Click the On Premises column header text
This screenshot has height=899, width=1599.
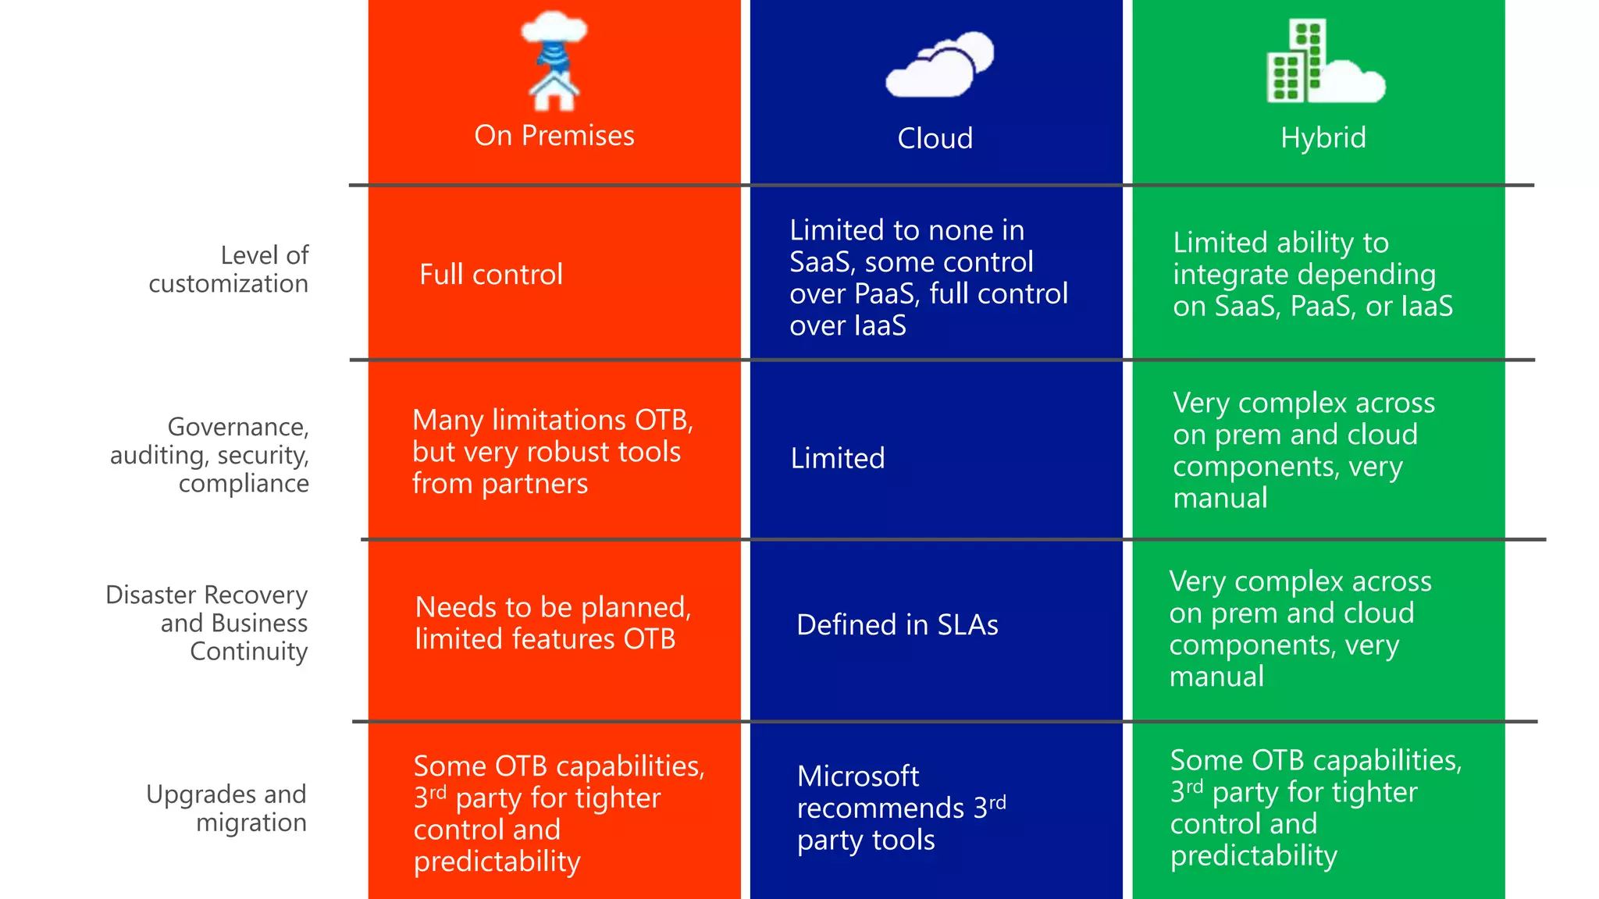click(x=554, y=136)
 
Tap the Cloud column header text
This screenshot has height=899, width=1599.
click(x=935, y=139)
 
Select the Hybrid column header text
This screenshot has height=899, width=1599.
click(x=1323, y=138)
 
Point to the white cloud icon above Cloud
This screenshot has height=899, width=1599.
click(x=938, y=66)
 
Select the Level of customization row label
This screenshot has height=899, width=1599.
click(x=229, y=269)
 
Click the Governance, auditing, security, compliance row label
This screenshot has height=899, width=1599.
click(x=210, y=455)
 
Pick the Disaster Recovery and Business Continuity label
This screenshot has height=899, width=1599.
click(x=208, y=623)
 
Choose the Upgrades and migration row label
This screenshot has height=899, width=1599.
click(x=227, y=808)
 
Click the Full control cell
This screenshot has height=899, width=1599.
click(x=491, y=275)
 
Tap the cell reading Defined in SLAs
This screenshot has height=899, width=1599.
click(x=897, y=625)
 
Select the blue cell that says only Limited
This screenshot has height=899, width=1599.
click(x=838, y=458)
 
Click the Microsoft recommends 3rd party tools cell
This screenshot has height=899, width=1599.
click(x=901, y=808)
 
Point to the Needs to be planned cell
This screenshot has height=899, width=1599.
click(x=553, y=623)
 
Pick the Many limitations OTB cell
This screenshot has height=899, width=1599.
click(x=552, y=452)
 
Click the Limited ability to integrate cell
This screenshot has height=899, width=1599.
click(x=1312, y=274)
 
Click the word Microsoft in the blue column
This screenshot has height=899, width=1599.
click(x=858, y=776)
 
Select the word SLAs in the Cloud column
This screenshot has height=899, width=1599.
click(x=967, y=625)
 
